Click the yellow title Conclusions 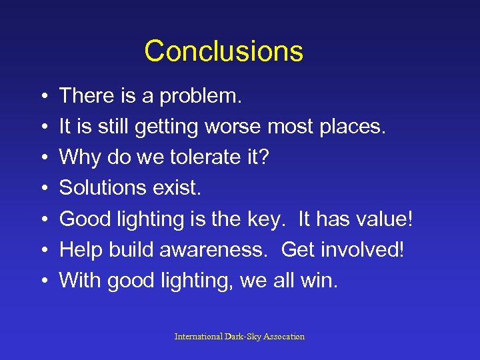(223, 51)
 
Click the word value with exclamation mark (389, 219)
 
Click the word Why (76, 157)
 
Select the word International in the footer (199, 337)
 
